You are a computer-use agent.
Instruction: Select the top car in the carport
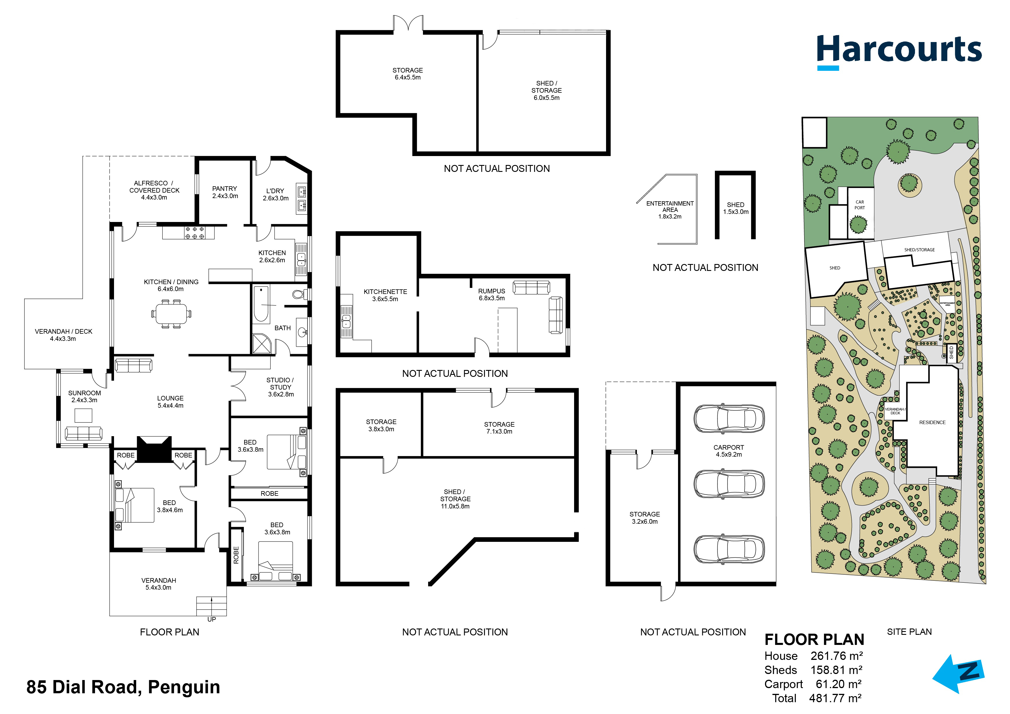729,418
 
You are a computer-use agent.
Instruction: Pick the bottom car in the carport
729,549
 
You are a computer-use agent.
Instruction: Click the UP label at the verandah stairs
212,619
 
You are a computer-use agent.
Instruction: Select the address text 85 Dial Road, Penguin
123,687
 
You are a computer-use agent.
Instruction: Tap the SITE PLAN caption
909,632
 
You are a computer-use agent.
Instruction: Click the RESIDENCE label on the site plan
932,422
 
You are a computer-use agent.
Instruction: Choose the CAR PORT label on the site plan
859,205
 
